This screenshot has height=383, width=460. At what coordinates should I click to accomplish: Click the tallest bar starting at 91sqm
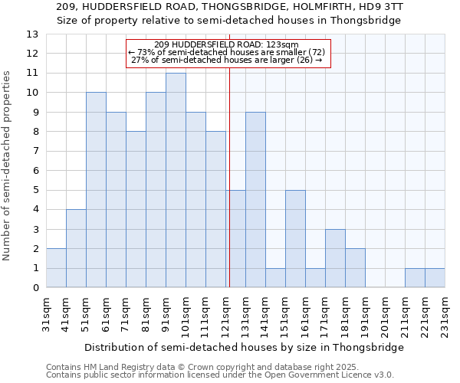176,180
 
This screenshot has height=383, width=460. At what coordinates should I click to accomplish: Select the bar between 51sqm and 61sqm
96,190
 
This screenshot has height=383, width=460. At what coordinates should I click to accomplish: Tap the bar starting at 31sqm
56,268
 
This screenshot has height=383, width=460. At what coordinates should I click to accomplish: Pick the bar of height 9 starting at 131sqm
255,200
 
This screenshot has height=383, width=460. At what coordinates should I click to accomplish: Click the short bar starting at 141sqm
275,278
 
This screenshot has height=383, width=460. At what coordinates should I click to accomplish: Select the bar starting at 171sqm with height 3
335,258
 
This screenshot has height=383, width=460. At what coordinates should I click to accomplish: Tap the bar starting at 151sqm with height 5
295,239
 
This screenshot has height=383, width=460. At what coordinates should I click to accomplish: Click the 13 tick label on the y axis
31,34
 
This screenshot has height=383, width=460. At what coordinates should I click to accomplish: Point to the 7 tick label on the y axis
34,152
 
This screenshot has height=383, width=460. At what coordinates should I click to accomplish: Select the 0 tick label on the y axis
34,288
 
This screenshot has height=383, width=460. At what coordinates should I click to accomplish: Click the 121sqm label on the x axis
225,315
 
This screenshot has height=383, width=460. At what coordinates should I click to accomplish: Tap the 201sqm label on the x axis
385,315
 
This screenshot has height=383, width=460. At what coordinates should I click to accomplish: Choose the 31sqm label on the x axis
46,315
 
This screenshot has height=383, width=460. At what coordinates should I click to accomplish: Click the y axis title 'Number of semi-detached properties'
8,165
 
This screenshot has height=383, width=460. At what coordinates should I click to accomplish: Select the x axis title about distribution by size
244,347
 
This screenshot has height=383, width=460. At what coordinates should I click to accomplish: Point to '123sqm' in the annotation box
282,45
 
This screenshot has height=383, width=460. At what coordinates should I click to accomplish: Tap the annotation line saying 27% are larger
227,60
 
